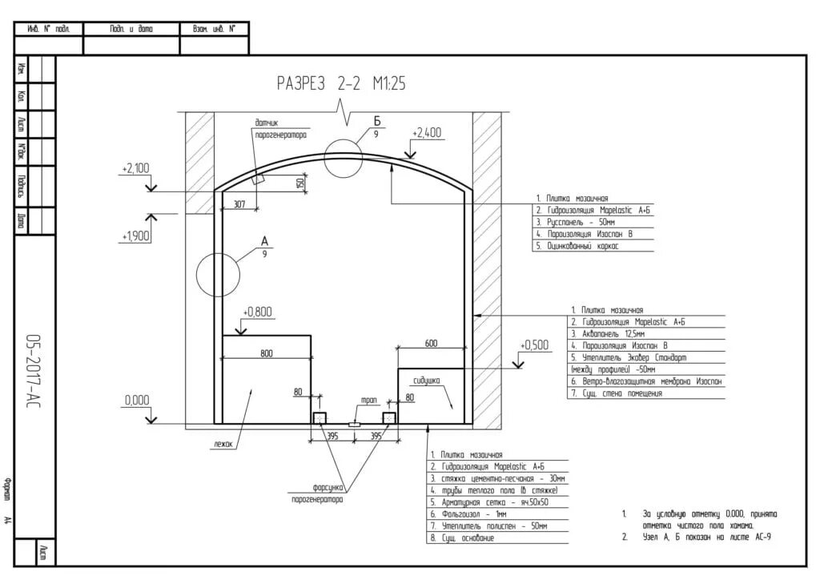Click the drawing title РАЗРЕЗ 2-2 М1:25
pyautogui.click(x=340, y=83)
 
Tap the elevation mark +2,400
pyautogui.click(x=426, y=133)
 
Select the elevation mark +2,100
pyautogui.click(x=135, y=168)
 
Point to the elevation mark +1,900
pyautogui.click(x=135, y=236)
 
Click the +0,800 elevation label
pyautogui.click(x=257, y=311)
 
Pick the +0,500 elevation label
pyautogui.click(x=534, y=345)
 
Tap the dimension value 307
pyautogui.click(x=239, y=204)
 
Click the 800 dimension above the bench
pyautogui.click(x=266, y=353)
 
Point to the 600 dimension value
pyautogui.click(x=431, y=343)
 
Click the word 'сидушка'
pyautogui.click(x=426, y=381)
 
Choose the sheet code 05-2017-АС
pyautogui.click(x=34, y=369)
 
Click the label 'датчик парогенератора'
pyautogui.click(x=279, y=130)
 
